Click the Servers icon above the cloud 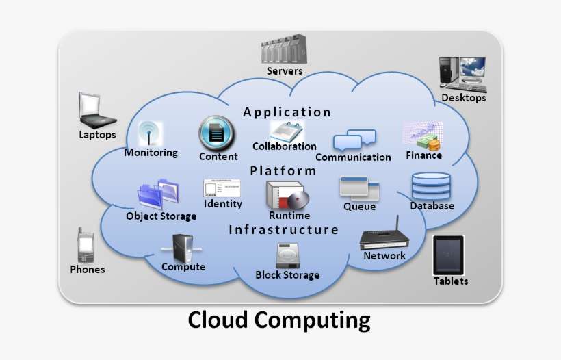click(x=284, y=51)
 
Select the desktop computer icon click(x=462, y=74)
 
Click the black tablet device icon click(x=449, y=255)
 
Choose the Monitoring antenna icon click(x=149, y=133)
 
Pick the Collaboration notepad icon click(x=286, y=130)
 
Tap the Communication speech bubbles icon click(x=354, y=140)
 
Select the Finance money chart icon click(x=423, y=136)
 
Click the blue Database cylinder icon click(x=431, y=185)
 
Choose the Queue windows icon click(x=360, y=188)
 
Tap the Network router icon click(x=384, y=234)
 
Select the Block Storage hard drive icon click(x=287, y=255)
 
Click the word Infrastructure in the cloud click(x=283, y=230)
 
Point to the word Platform click(x=283, y=171)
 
